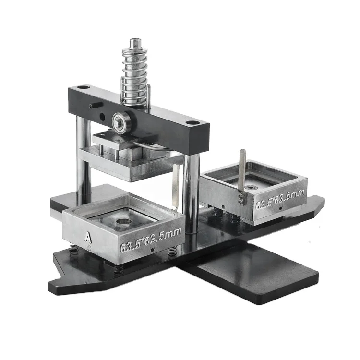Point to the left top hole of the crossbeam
[84, 88]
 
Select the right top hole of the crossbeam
[192, 123]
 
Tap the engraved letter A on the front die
[88, 236]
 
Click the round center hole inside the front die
[123, 222]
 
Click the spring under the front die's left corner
[73, 250]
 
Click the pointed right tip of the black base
[320, 201]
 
